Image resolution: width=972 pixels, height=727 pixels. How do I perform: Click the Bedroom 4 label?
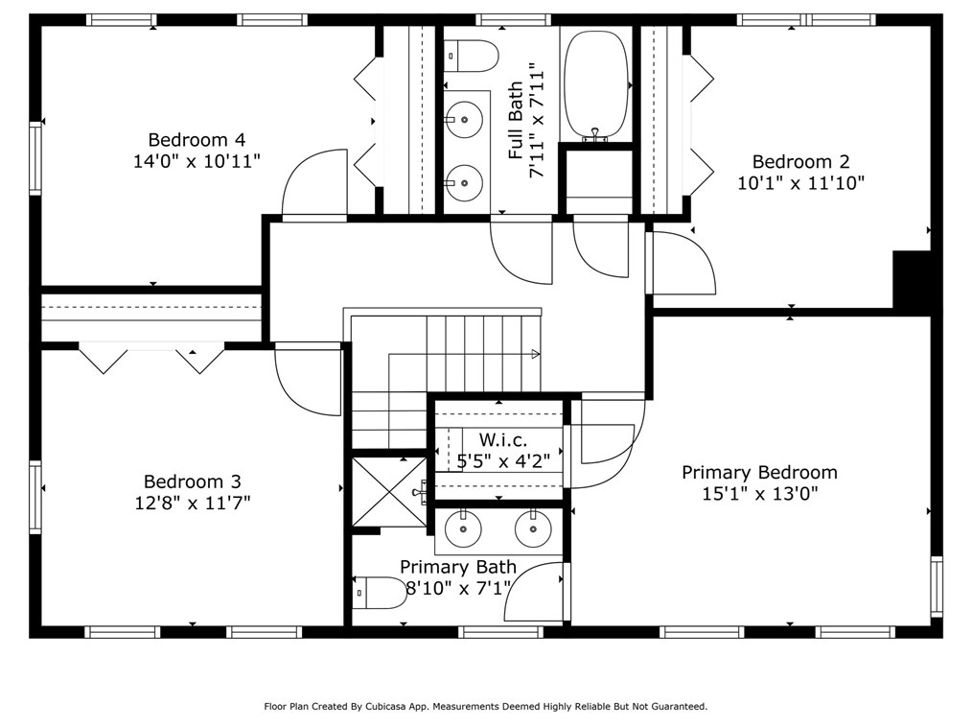click(x=197, y=140)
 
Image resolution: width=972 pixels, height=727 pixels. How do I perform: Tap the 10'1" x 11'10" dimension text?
click(x=800, y=182)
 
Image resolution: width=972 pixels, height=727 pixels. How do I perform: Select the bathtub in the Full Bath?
click(x=596, y=84)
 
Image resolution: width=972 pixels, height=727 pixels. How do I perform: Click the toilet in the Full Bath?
click(x=473, y=56)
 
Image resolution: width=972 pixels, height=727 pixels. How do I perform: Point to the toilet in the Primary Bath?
click(x=380, y=593)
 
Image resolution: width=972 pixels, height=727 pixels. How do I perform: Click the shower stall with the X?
click(x=388, y=492)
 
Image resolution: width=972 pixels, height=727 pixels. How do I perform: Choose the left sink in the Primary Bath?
click(x=463, y=528)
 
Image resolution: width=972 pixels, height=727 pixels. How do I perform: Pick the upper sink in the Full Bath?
click(x=464, y=121)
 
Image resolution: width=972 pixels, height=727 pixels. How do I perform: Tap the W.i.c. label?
click(x=502, y=439)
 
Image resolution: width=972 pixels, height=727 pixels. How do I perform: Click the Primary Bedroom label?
click(x=759, y=473)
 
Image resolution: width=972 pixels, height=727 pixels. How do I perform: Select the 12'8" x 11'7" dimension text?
click(x=197, y=502)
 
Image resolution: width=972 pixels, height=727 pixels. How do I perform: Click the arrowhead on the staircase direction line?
click(x=536, y=354)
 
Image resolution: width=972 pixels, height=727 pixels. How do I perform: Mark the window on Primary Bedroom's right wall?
click(x=937, y=586)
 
